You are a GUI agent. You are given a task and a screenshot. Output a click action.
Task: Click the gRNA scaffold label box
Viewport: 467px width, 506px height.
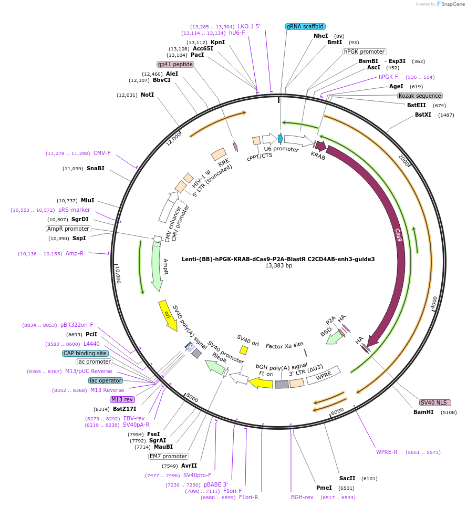tap(305, 26)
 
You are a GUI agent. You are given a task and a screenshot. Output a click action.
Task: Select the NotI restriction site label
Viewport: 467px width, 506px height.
tap(147, 95)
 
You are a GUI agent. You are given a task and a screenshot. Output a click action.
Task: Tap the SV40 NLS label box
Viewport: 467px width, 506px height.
tap(435, 402)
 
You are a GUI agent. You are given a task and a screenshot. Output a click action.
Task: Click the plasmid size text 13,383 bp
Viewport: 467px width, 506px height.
tap(278, 266)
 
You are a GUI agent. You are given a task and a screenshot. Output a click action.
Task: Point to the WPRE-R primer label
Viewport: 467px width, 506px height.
tap(387, 452)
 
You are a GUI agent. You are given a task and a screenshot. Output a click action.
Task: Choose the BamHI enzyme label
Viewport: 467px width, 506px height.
tap(423, 412)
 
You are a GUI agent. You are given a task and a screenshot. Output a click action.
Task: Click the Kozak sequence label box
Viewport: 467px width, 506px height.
tap(420, 96)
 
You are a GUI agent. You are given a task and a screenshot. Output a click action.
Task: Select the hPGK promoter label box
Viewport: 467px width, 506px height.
tap(365, 51)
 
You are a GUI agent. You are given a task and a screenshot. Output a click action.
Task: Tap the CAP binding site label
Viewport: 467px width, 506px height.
tap(86, 353)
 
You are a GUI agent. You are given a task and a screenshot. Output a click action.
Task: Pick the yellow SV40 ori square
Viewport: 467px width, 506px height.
tap(244, 350)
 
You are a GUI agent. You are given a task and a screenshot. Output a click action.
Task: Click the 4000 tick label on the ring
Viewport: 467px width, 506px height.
tap(433, 303)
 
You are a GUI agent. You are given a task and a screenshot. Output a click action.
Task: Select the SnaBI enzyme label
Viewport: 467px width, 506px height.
tap(96, 169)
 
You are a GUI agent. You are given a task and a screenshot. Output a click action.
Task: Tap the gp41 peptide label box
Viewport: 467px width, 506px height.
tap(175, 64)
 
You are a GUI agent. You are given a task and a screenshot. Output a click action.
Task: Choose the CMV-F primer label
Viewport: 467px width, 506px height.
tap(102, 153)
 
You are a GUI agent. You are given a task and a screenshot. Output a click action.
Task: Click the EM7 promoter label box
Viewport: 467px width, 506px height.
tap(168, 456)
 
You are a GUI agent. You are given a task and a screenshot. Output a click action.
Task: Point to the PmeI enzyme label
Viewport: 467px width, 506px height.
tap(324, 488)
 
